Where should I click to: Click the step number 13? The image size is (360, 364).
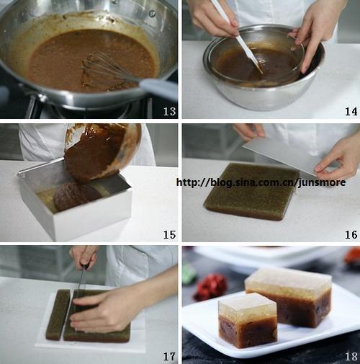point(169,111)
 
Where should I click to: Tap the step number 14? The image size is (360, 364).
point(351,111)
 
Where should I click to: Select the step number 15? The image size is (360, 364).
point(169,235)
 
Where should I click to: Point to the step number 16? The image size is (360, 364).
point(351,235)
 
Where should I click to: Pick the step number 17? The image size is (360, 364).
point(169,356)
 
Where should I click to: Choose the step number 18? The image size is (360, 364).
point(351,356)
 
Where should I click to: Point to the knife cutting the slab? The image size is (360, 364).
point(81,280)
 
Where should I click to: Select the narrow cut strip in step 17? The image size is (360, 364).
point(58,315)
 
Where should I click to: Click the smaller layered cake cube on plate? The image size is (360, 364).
point(248,320)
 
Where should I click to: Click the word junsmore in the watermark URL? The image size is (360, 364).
point(322,182)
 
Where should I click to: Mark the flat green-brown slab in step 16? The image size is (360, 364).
point(251,191)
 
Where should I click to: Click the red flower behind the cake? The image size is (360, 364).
point(211,286)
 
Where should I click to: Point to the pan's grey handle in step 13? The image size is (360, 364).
point(158,89)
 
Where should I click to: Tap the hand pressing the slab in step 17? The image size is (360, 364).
point(106,311)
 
